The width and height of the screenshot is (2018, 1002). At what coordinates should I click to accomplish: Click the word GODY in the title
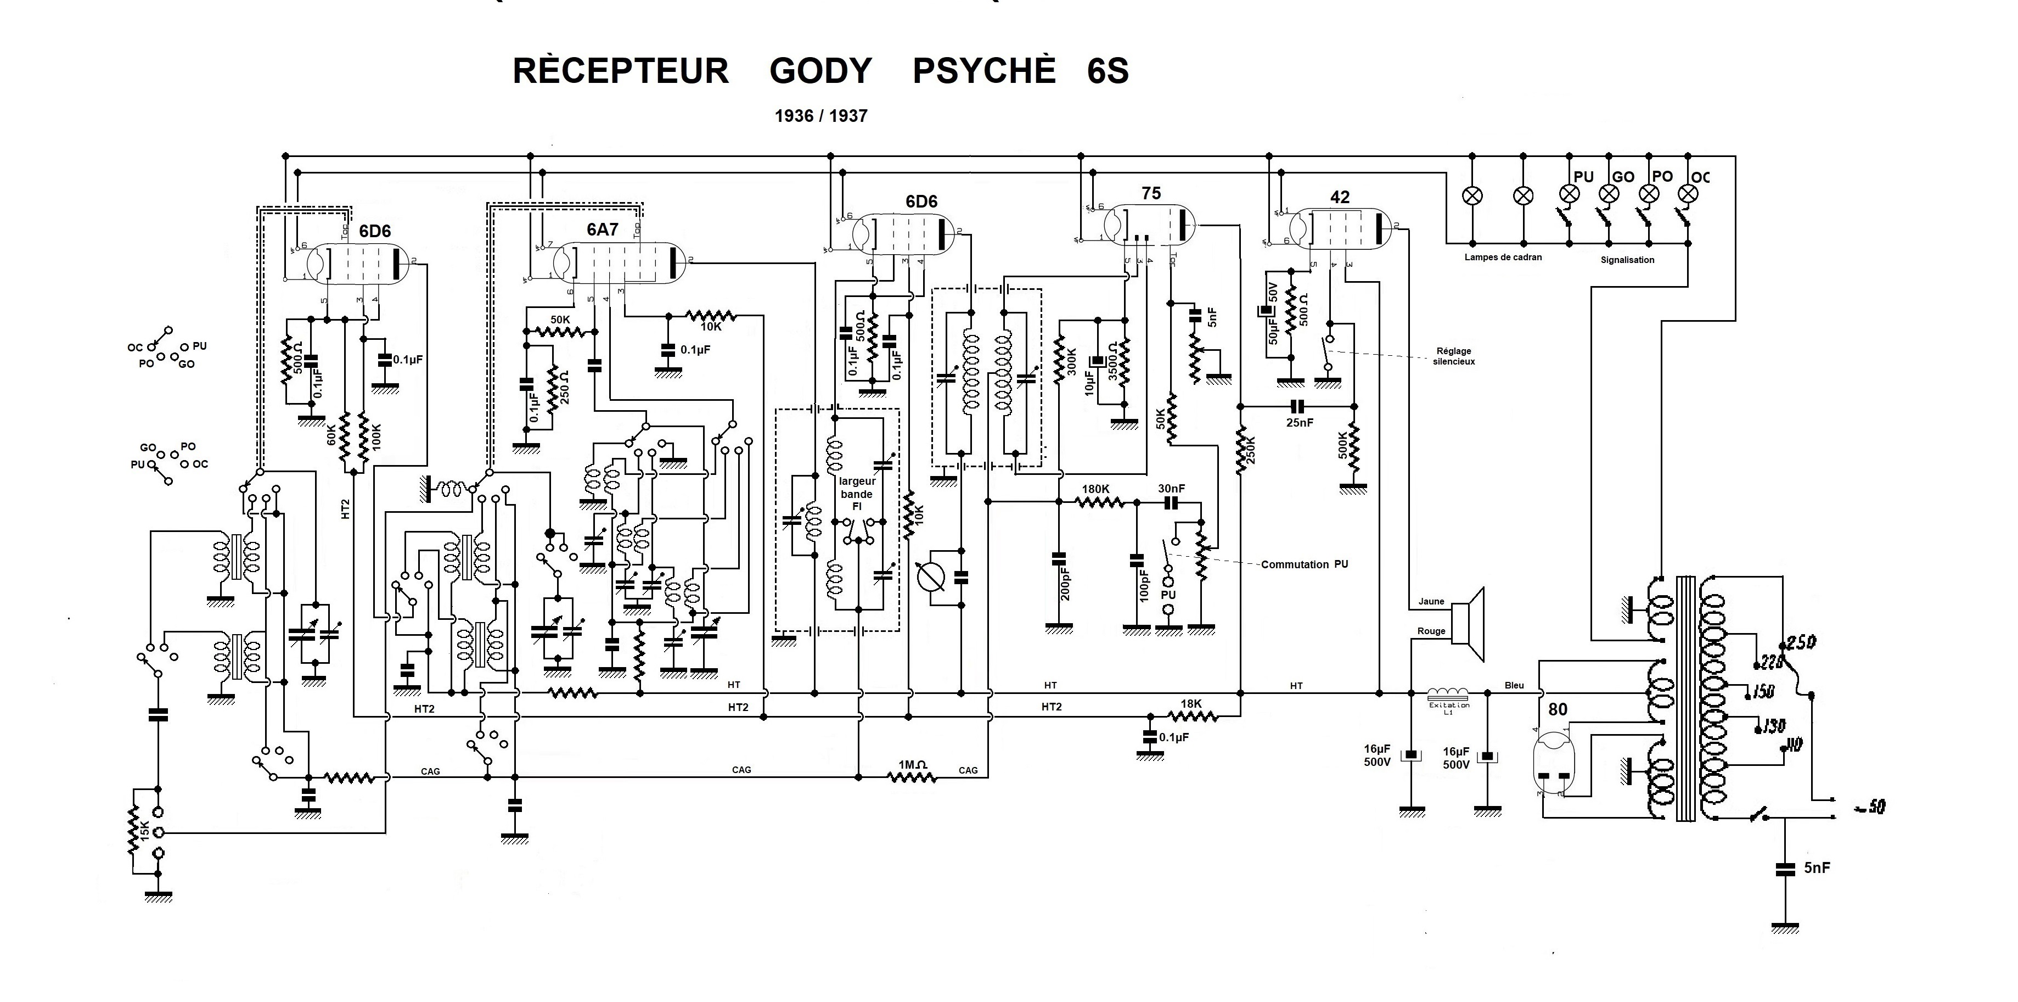820,71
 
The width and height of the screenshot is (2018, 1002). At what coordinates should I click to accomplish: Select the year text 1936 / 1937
821,116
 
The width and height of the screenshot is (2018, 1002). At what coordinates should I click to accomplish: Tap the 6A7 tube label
603,229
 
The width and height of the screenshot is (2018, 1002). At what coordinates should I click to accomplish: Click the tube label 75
1151,193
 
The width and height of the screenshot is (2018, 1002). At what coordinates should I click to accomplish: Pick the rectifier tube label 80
1558,709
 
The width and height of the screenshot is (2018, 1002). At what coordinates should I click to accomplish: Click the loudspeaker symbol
1468,624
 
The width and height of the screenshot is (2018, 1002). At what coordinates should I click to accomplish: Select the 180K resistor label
1095,489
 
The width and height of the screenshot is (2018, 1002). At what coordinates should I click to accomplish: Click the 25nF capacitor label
1299,422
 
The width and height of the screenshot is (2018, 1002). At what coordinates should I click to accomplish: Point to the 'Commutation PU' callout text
1305,564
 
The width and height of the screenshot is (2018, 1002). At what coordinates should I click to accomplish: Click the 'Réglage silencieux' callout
1454,356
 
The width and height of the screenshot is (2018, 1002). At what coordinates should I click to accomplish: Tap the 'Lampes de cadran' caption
1503,257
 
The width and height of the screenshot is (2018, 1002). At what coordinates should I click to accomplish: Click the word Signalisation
1627,259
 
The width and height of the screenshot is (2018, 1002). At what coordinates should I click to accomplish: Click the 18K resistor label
1191,703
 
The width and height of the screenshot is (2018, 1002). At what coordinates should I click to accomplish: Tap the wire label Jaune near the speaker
1431,602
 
